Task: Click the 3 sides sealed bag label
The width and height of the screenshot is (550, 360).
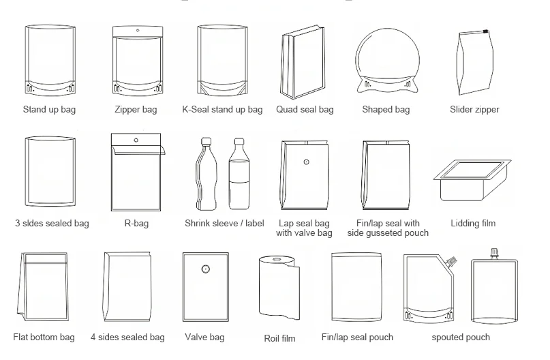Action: click(52, 223)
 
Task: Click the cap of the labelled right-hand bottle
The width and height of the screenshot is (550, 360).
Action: click(239, 142)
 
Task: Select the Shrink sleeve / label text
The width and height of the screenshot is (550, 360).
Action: click(224, 223)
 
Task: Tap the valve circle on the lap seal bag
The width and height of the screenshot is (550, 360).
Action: click(306, 162)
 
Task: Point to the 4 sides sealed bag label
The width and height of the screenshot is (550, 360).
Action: click(127, 337)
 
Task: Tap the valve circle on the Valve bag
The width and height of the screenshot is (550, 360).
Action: click(204, 269)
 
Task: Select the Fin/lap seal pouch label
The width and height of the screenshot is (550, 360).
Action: click(357, 337)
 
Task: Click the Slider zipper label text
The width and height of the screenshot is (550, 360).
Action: click(474, 109)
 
